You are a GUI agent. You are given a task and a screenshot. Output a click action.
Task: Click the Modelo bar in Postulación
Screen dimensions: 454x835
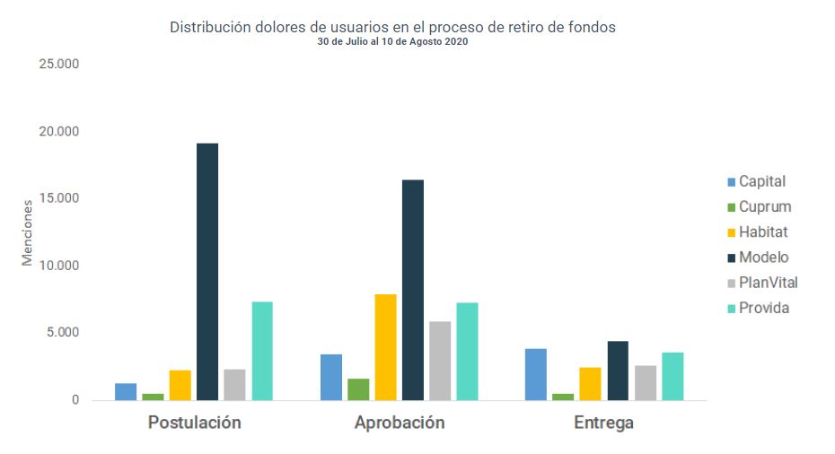[x=207, y=272]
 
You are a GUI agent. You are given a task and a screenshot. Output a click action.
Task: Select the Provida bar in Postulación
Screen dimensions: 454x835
[x=262, y=351]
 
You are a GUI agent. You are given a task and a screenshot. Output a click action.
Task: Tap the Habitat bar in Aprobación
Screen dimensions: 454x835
[x=385, y=347]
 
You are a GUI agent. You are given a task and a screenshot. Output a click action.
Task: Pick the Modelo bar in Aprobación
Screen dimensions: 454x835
[x=413, y=290]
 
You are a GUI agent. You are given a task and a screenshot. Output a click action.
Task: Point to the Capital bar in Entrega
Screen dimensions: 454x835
[x=535, y=374]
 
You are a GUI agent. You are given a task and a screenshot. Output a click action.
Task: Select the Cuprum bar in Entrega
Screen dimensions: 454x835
[x=563, y=397]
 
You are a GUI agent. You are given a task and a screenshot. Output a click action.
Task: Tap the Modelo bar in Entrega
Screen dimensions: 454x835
[x=618, y=371]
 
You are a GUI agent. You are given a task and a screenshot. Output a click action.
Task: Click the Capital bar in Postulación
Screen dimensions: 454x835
[x=126, y=391]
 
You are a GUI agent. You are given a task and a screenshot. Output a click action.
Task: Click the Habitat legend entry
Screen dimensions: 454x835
[x=762, y=232]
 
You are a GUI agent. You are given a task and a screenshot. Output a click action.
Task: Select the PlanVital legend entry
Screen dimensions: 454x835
[x=768, y=283]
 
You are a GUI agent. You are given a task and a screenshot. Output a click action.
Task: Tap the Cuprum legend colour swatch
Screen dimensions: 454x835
[x=730, y=207]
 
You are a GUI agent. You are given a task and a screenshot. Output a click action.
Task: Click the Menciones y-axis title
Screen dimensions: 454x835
[x=27, y=232]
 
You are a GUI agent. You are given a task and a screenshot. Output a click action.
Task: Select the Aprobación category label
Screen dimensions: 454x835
[x=400, y=423]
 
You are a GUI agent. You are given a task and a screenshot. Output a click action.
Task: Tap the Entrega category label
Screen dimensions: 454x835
[x=603, y=423]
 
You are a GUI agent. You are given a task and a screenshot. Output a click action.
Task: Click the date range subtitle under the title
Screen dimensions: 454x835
[x=392, y=42]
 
